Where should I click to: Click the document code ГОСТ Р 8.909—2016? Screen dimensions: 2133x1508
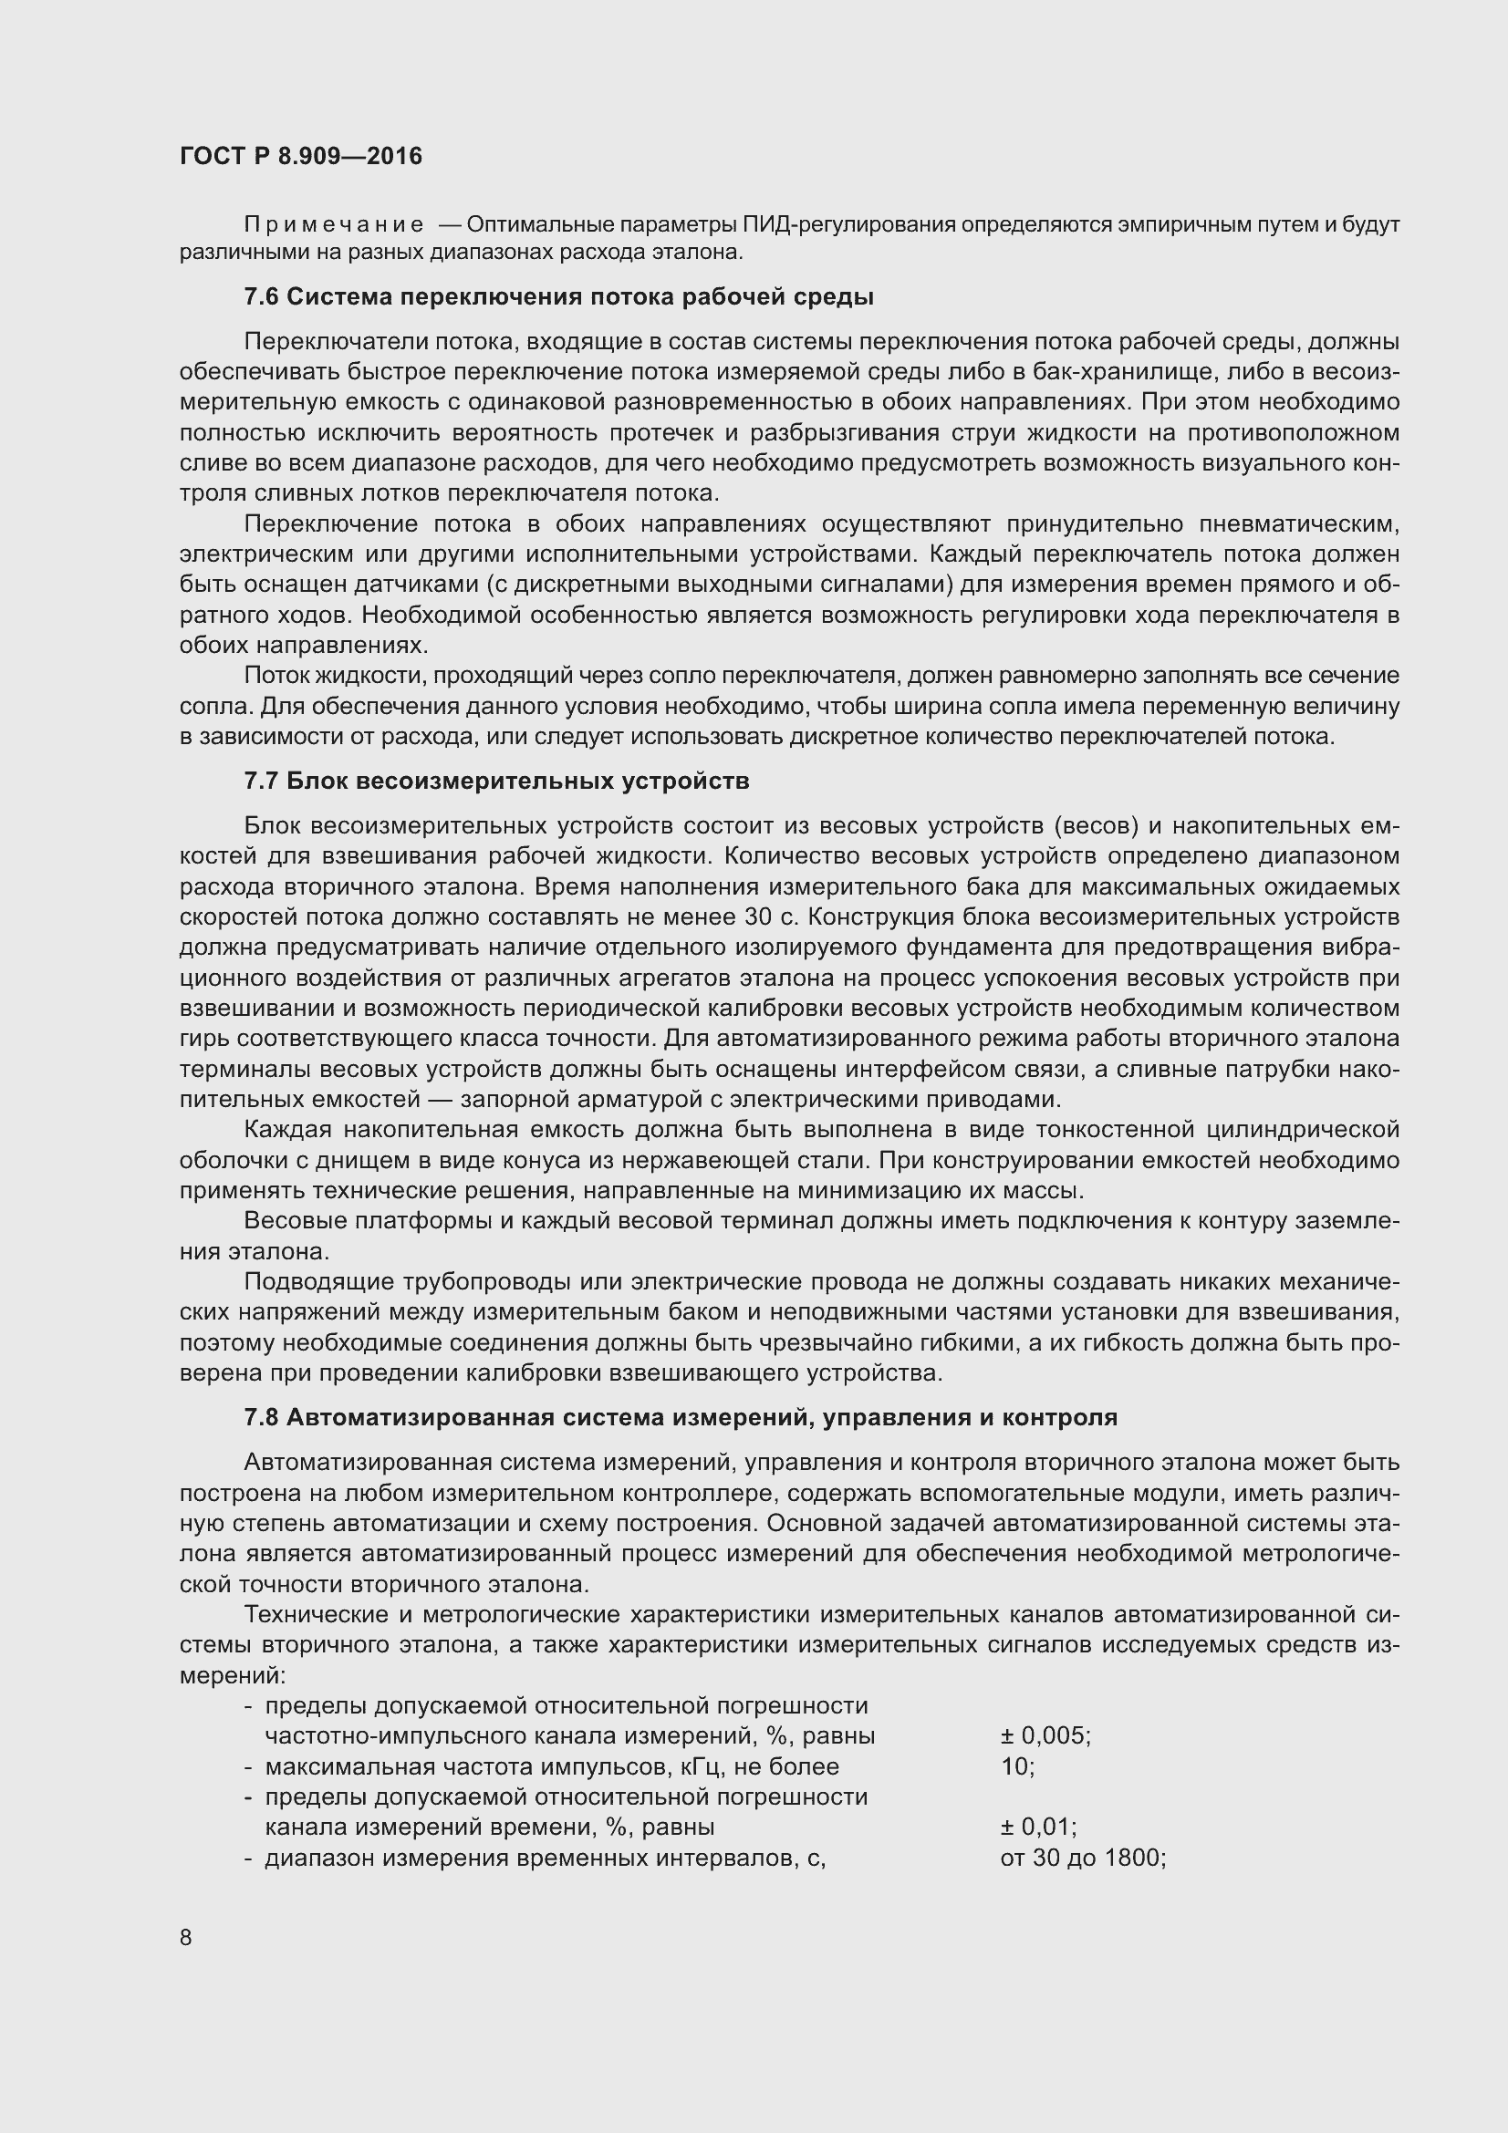pos(301,156)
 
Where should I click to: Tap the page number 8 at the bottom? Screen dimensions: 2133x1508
pos(186,1937)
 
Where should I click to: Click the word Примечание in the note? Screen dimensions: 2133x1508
pos(334,225)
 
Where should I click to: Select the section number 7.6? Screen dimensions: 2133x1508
pos(261,297)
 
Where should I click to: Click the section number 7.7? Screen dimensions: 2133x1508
pos(261,782)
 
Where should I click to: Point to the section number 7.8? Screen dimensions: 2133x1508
pos(261,1418)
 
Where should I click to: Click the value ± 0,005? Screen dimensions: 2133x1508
pos(1045,1736)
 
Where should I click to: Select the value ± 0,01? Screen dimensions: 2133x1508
pos(1038,1828)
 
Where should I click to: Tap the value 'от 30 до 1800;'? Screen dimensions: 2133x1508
pos(1083,1858)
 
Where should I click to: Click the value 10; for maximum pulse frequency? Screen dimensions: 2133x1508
pos(1017,1767)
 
